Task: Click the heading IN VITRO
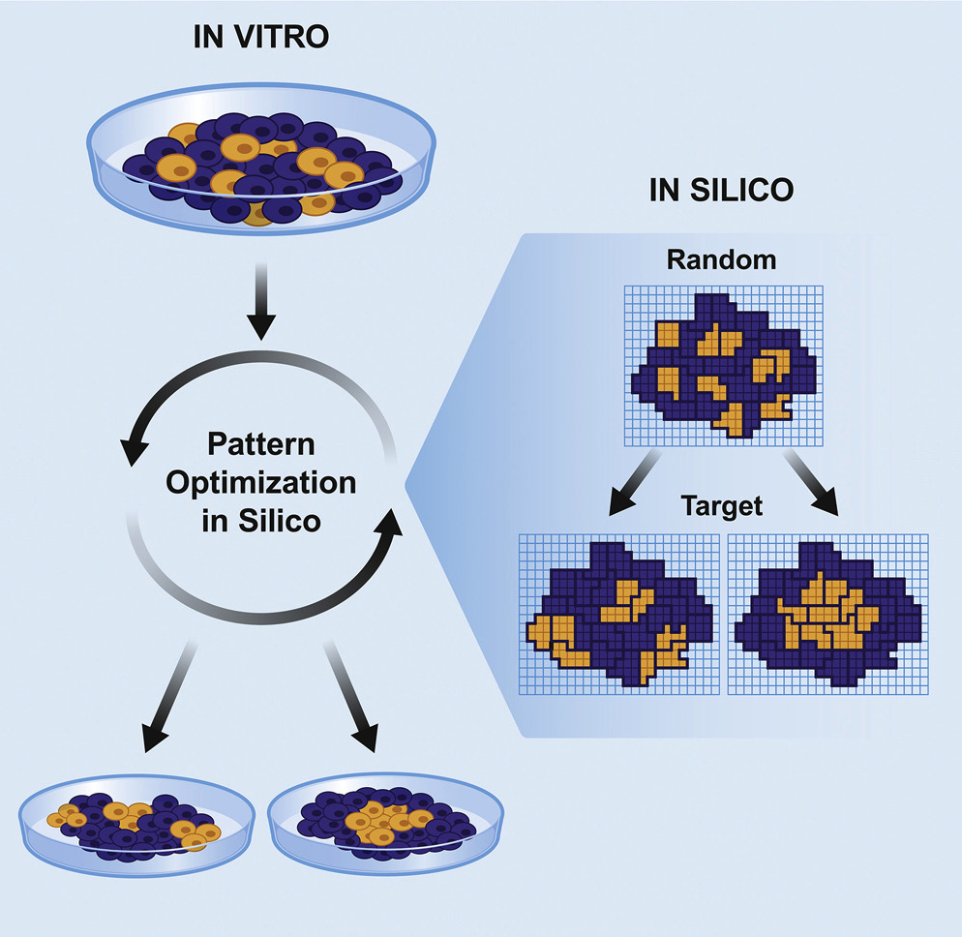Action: point(259,40)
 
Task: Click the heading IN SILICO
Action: point(721,191)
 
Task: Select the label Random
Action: point(721,260)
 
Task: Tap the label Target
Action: point(721,505)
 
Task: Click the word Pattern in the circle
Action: point(260,447)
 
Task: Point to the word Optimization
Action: point(260,483)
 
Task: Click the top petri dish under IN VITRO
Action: point(246,165)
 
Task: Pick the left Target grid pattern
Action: point(618,614)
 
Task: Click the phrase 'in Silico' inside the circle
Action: point(260,520)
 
